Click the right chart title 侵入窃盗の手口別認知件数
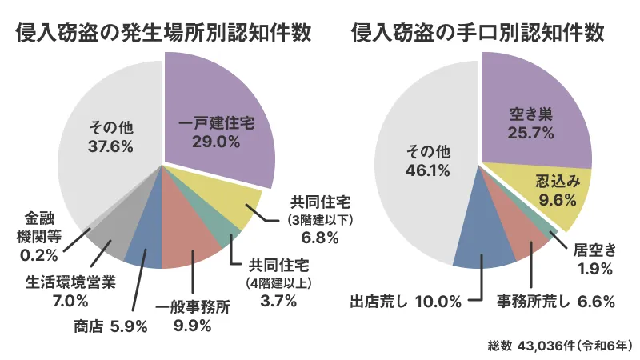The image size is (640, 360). [478, 33]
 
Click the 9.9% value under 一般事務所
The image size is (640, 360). [192, 326]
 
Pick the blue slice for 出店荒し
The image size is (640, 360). [484, 248]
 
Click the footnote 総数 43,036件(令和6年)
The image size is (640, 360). [560, 345]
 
